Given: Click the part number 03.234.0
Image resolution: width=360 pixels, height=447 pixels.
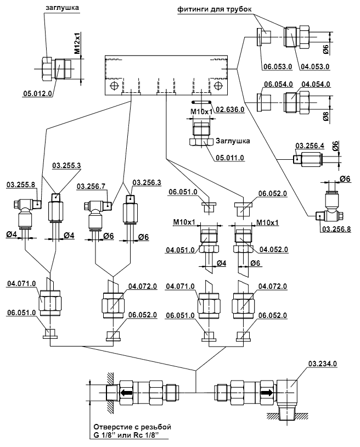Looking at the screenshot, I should [323, 364].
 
